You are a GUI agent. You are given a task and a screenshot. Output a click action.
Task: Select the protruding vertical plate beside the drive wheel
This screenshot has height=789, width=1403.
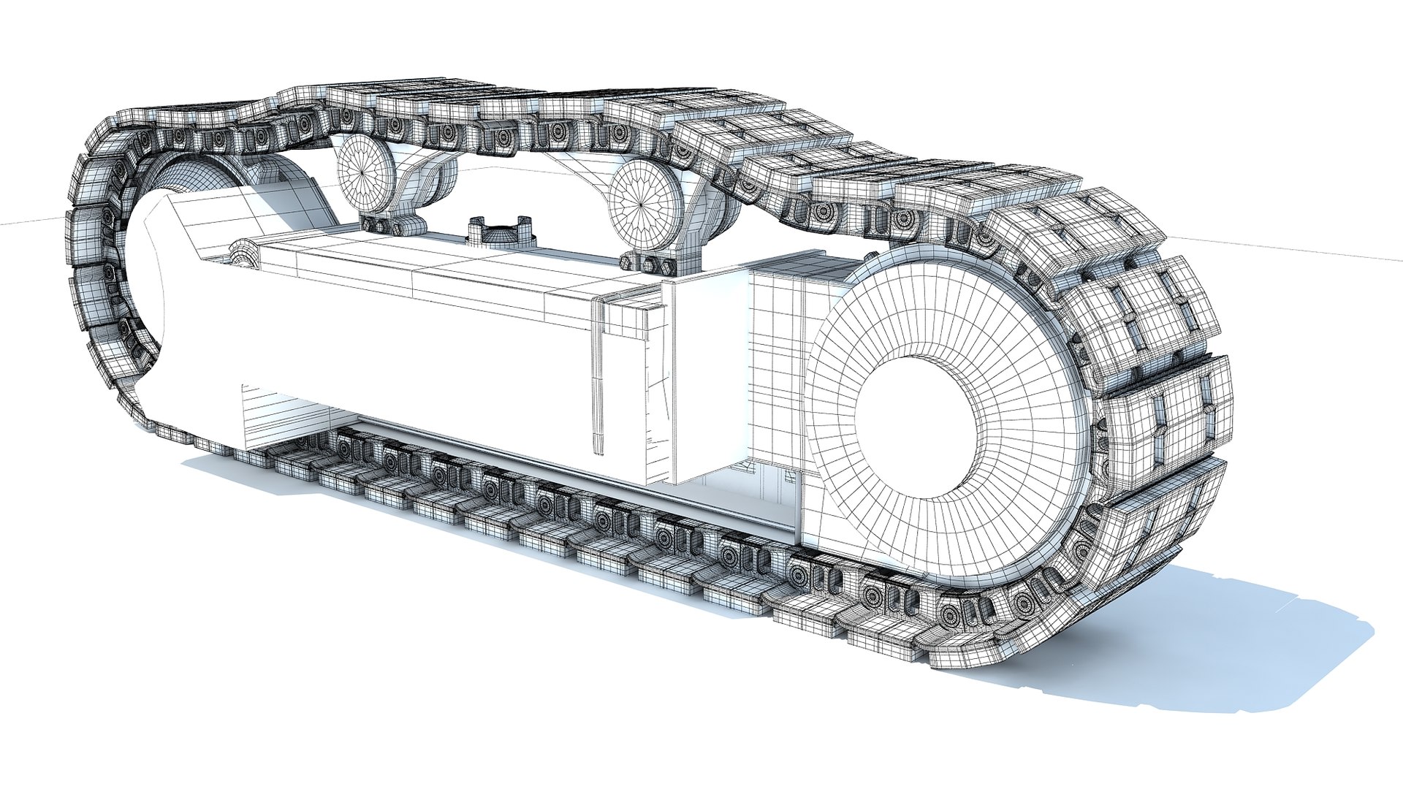(x=705, y=380)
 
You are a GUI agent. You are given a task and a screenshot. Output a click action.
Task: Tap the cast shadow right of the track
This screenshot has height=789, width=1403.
(x=1242, y=643)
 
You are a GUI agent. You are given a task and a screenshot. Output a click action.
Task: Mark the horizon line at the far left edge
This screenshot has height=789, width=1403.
(x=22, y=221)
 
